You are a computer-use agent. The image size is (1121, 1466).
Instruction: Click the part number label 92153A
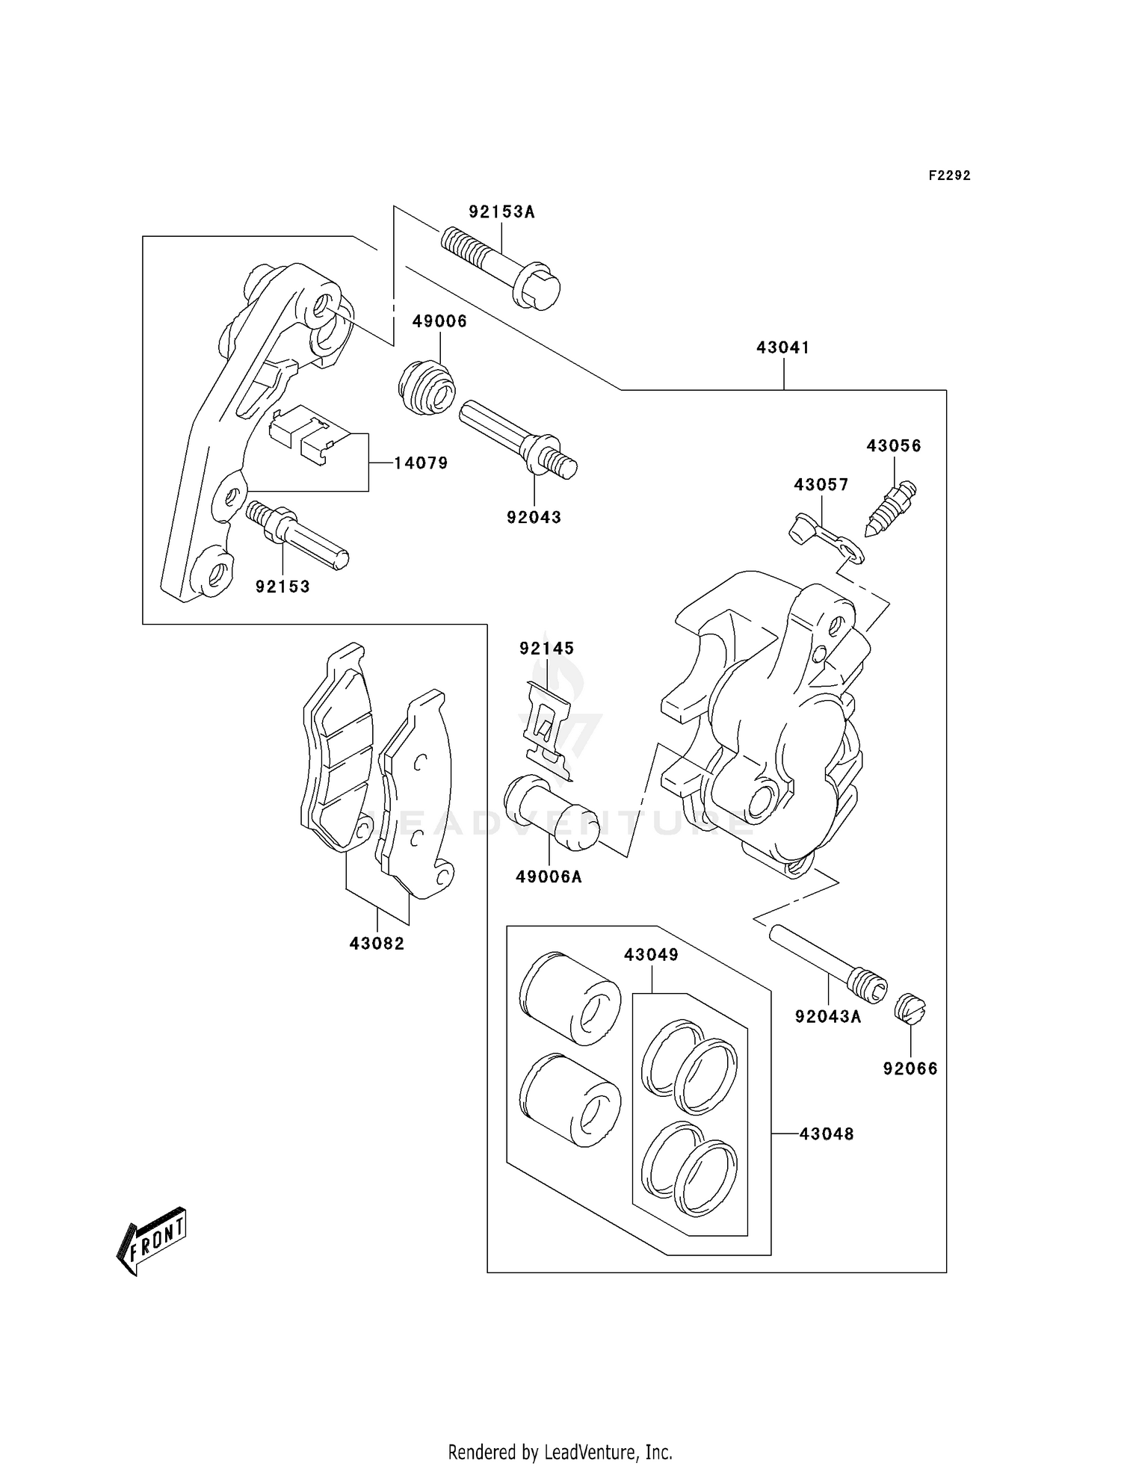click(501, 212)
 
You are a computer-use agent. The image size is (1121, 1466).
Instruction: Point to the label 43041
click(782, 347)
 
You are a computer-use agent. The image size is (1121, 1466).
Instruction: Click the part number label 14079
click(421, 463)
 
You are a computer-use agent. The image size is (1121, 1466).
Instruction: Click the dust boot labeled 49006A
click(552, 814)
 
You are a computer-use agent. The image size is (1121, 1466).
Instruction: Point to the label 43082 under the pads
click(377, 944)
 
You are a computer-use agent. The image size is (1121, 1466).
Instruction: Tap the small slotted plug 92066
click(910, 1010)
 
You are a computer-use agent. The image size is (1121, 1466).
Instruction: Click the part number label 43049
click(651, 955)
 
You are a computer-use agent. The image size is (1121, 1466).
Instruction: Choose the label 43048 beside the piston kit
click(826, 1133)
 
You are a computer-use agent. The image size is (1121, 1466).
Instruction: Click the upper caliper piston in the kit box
click(570, 998)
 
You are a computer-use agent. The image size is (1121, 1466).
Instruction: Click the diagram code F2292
click(949, 176)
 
